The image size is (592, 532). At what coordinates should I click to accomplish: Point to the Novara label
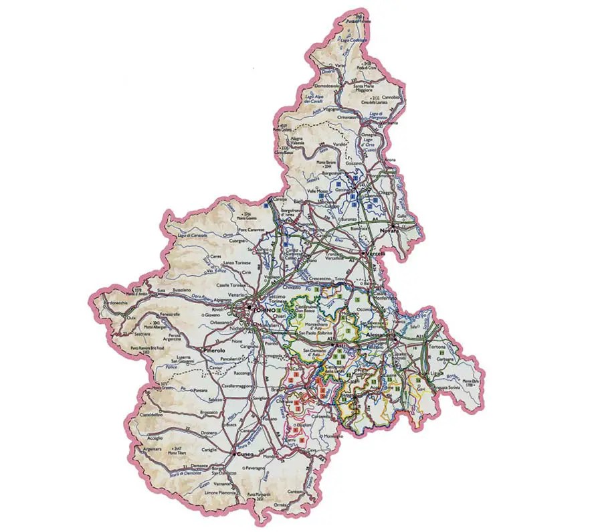(x=389, y=231)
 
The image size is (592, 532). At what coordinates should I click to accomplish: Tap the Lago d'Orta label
(x=369, y=142)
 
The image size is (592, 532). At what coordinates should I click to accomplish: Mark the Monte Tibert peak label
(x=177, y=452)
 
